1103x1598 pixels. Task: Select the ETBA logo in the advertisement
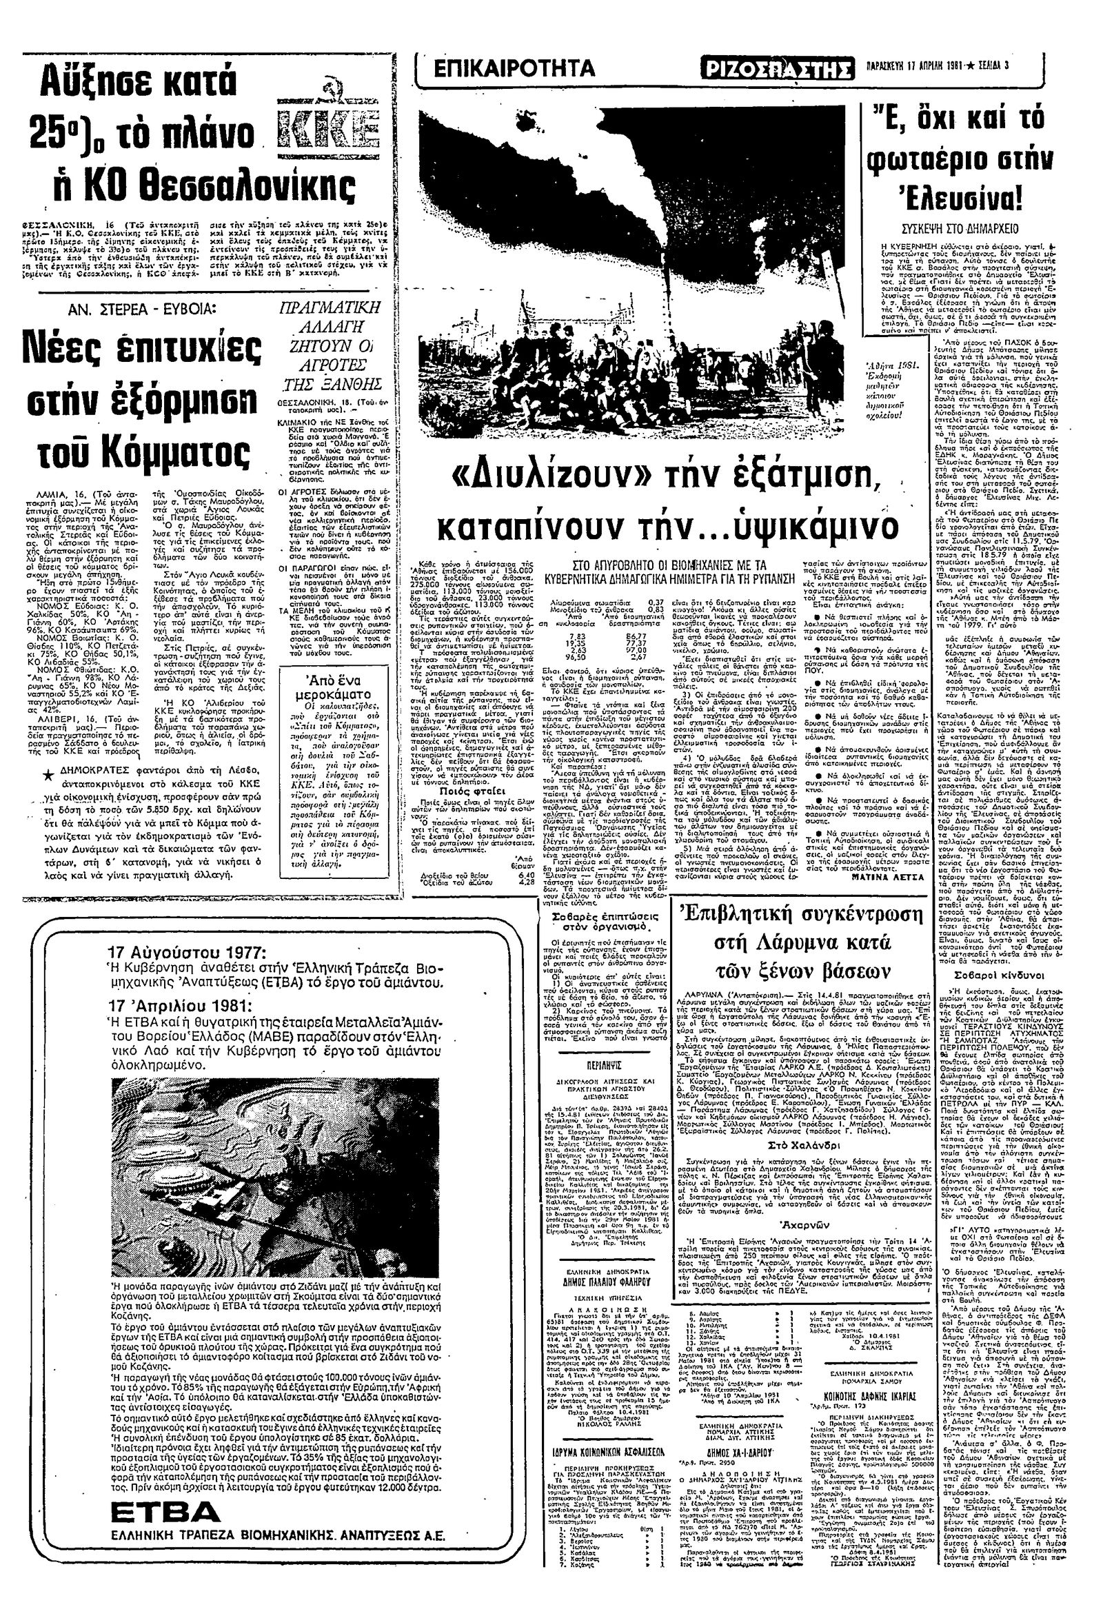[x=159, y=1508]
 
